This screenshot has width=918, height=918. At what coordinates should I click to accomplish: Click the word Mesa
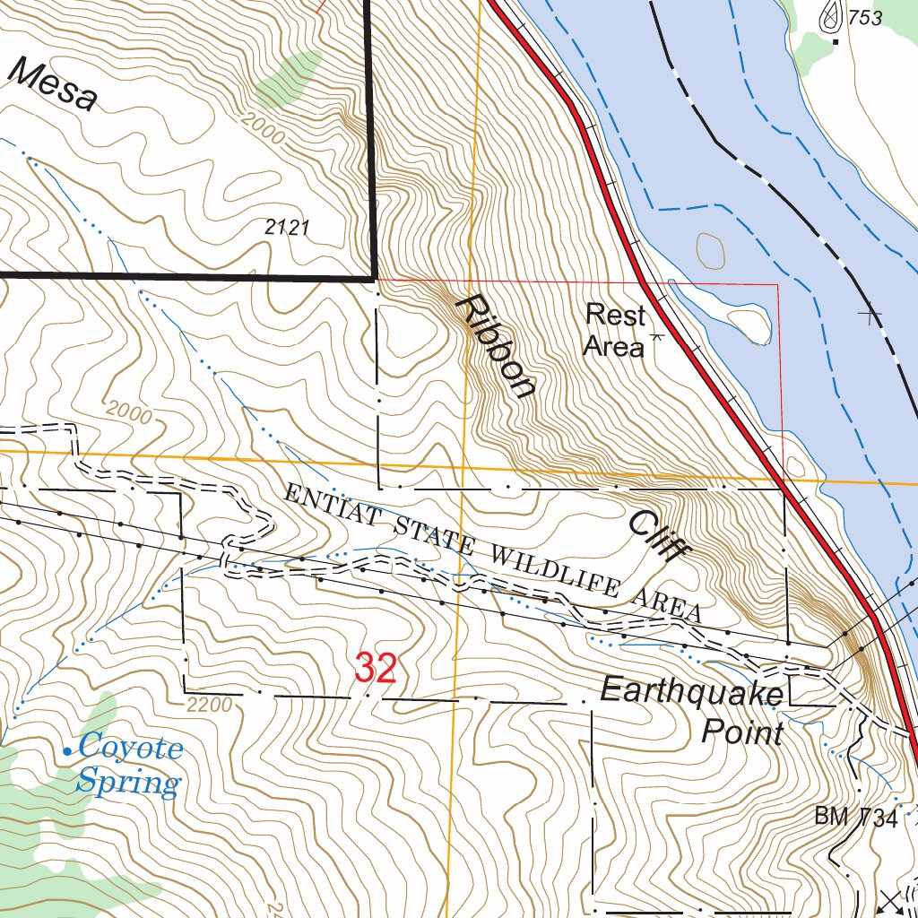pyautogui.click(x=54, y=84)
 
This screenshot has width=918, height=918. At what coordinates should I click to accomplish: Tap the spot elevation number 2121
pyautogui.click(x=287, y=228)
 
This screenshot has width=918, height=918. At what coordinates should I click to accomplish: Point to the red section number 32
pyautogui.click(x=376, y=669)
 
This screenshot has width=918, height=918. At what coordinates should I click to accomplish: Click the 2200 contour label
pyautogui.click(x=211, y=706)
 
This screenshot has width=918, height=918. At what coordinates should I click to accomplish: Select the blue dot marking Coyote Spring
pyautogui.click(x=68, y=750)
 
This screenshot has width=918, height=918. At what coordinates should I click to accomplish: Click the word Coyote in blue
pyautogui.click(x=131, y=747)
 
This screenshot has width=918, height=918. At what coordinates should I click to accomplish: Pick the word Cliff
pyautogui.click(x=652, y=536)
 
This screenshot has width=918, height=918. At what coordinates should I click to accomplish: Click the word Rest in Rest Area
pyautogui.click(x=615, y=315)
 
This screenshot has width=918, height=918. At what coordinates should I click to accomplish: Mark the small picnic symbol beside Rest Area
pyautogui.click(x=657, y=337)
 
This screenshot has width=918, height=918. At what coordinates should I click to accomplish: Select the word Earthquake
pyautogui.click(x=692, y=691)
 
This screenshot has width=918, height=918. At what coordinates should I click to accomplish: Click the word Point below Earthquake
pyautogui.click(x=742, y=732)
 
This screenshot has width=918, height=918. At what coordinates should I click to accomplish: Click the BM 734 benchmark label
pyautogui.click(x=855, y=817)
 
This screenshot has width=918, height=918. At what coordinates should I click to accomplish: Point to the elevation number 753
pyautogui.click(x=864, y=18)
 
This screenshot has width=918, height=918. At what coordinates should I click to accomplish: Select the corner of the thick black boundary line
pyautogui.click(x=371, y=279)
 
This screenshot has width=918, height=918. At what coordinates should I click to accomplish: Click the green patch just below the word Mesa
pyautogui.click(x=289, y=77)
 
